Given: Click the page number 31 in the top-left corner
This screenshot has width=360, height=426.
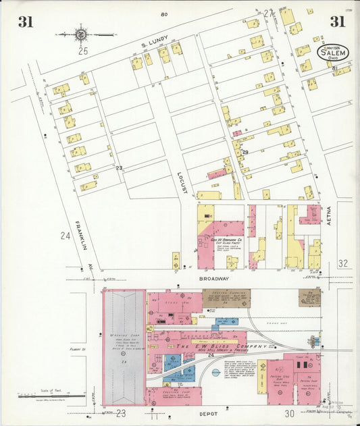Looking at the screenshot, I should point(26,22).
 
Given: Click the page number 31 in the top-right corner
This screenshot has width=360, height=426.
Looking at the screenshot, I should point(337,22).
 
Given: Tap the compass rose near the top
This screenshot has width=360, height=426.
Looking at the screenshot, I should point(80,33).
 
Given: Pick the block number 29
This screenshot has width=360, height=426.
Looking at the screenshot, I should point(245,152).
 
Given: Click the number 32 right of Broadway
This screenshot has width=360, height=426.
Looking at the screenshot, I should point(342,264).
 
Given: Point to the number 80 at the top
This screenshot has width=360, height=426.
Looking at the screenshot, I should point(164,14).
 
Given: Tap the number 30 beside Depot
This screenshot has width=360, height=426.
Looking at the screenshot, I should point(290,413).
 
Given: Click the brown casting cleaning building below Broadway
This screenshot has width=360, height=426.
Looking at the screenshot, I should point(226,298).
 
